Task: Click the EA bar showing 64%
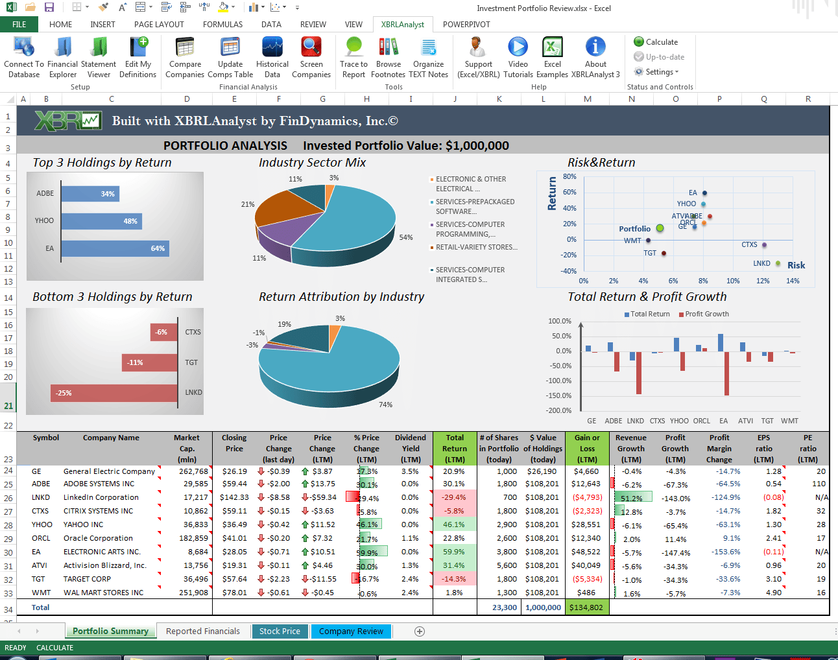point(115,248)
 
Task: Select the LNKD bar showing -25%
point(114,393)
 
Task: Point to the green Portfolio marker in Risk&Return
point(660,228)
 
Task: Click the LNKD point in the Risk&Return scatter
point(778,263)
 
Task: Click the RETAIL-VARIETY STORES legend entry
point(476,247)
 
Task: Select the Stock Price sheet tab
point(280,631)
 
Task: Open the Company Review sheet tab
point(351,631)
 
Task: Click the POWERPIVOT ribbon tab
point(466,25)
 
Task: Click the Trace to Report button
point(353,57)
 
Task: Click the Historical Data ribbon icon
point(272,57)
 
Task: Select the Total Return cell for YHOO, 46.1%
point(454,524)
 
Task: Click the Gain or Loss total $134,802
point(586,607)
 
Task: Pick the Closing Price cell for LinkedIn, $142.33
point(233,497)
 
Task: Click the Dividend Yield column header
point(410,448)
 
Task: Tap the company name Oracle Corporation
point(98,538)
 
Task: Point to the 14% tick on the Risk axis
point(793,281)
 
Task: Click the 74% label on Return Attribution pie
point(385,405)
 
